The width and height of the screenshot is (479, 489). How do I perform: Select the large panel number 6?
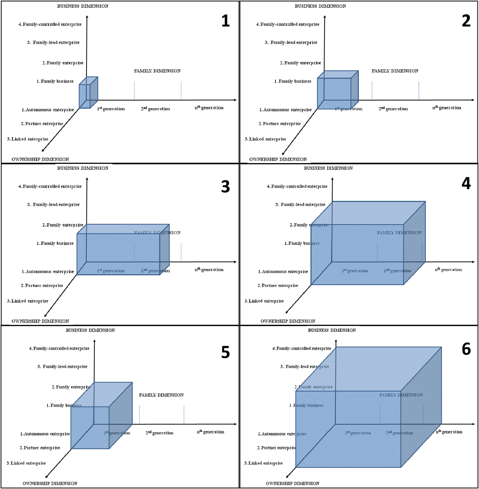[466, 349]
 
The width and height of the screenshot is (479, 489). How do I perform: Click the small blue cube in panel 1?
[88, 93]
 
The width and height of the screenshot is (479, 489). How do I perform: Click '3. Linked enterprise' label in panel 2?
[265, 139]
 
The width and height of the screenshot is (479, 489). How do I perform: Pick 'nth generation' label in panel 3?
[209, 269]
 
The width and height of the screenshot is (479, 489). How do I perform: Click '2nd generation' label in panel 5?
[159, 433]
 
